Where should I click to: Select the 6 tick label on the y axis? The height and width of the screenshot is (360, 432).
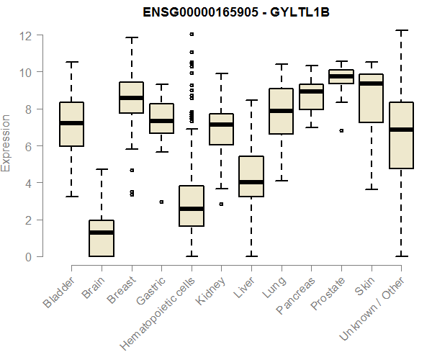pos(27,146)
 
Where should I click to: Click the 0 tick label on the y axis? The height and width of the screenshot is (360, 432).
pos(27,256)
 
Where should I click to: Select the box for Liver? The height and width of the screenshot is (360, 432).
pos(251,176)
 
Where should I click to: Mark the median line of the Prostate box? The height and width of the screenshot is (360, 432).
pos(341,76)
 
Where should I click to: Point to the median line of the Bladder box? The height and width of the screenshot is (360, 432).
pos(71,123)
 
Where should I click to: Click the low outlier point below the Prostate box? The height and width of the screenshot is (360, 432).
pos(341,130)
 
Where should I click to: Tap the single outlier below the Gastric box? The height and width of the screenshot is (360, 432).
pos(161,202)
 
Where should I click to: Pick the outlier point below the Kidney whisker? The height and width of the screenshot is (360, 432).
pos(221,204)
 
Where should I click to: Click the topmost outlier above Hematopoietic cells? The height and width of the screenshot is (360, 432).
pos(192,34)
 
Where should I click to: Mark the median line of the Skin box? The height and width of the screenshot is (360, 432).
pos(371,84)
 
